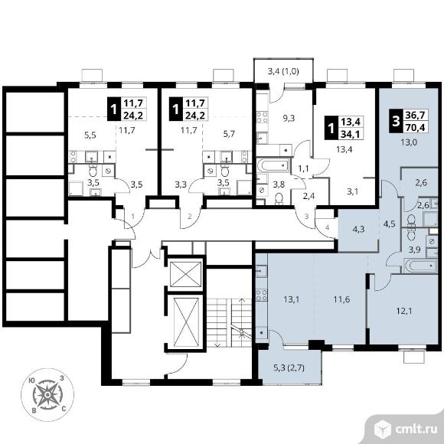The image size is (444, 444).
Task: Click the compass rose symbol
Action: click(47, 395)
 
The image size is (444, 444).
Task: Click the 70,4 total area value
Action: click(416, 128)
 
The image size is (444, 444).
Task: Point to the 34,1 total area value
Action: click(350, 134)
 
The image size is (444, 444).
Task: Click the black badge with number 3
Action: click(396, 121)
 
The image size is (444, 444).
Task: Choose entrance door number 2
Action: click(191, 217)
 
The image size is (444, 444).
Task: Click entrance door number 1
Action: click(134, 217)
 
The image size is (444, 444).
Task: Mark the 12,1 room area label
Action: click(404, 312)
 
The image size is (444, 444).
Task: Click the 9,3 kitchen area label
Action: click(289, 118)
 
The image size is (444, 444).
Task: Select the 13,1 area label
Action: click(292, 299)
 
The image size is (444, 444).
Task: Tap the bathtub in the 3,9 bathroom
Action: click(421, 266)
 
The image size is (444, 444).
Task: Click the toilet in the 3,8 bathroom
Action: click(279, 198)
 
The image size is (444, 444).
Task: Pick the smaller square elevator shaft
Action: click(186, 274)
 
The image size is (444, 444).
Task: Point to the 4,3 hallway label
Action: click(358, 229)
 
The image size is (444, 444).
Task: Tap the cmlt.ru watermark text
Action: click(416, 429)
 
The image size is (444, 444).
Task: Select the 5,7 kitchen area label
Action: click(229, 133)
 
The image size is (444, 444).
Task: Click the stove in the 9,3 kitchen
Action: click(263, 117)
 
